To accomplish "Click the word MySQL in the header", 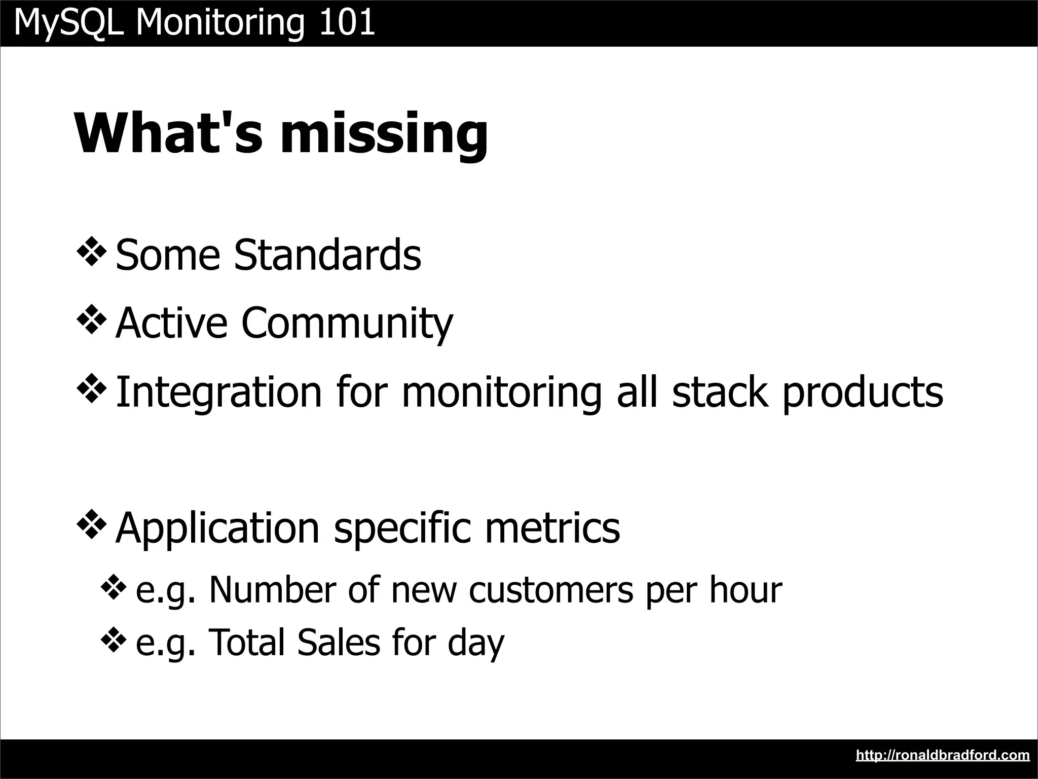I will (x=69, y=23).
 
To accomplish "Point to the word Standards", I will (x=327, y=255).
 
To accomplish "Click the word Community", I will (x=347, y=324).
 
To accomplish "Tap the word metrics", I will (x=552, y=527).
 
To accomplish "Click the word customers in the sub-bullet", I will (x=551, y=590).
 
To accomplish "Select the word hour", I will (x=745, y=589).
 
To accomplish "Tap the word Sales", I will (x=338, y=642).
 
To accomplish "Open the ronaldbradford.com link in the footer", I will (x=942, y=755).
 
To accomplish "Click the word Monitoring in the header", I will (x=220, y=23).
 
